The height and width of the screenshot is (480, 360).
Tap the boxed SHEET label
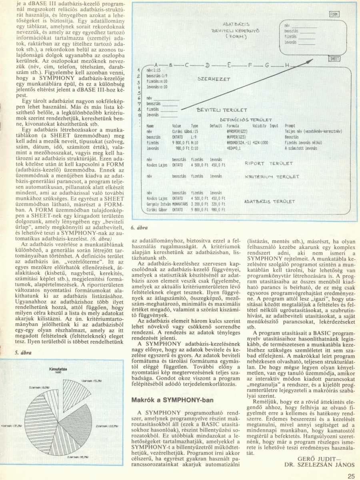click(x=334, y=59)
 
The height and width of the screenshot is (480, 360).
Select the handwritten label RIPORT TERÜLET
click(x=269, y=164)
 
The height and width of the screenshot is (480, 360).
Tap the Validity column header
click(x=260, y=126)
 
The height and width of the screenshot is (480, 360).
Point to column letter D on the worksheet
click(x=207, y=65)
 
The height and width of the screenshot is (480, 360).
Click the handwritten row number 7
click(x=138, y=103)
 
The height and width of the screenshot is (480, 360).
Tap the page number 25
click(x=351, y=476)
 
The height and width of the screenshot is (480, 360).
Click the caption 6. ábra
click(x=140, y=228)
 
